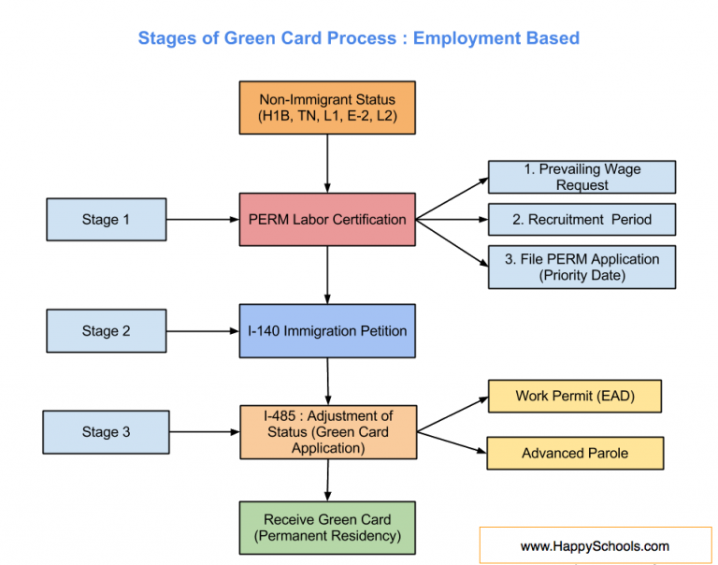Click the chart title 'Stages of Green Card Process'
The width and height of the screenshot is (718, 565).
pyautogui.click(x=358, y=38)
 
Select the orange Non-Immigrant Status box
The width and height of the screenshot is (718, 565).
pyautogui.click(x=327, y=109)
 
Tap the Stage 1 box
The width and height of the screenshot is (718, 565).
pyautogui.click(x=106, y=220)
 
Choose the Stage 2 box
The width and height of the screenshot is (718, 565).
pyautogui.click(x=106, y=331)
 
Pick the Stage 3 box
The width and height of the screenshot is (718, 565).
pyautogui.click(x=106, y=431)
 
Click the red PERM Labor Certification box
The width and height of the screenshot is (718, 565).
pyautogui.click(x=327, y=220)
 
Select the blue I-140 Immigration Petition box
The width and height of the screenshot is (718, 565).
pyautogui.click(x=327, y=331)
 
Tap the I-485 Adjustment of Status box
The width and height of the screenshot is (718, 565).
pyautogui.click(x=327, y=431)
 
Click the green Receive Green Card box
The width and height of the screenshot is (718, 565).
pyautogui.click(x=327, y=528)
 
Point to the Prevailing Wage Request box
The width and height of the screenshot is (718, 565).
pyautogui.click(x=582, y=177)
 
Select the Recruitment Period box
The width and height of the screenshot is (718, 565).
pyautogui.click(x=582, y=220)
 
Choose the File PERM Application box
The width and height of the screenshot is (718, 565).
pyautogui.click(x=582, y=267)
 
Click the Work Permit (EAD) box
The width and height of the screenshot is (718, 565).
pyautogui.click(x=574, y=396)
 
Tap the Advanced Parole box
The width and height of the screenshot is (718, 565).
pyautogui.click(x=574, y=453)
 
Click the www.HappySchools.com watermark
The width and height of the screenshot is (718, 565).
pyautogui.click(x=595, y=545)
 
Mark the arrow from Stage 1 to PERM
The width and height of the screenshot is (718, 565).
pyautogui.click(x=202, y=220)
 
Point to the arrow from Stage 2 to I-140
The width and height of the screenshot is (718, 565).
pyautogui.click(x=202, y=331)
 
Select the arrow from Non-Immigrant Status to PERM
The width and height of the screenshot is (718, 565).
pyautogui.click(x=327, y=164)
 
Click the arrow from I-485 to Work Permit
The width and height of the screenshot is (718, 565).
pyautogui.click(x=452, y=413)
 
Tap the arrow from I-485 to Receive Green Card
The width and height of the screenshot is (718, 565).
pyautogui.click(x=327, y=479)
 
